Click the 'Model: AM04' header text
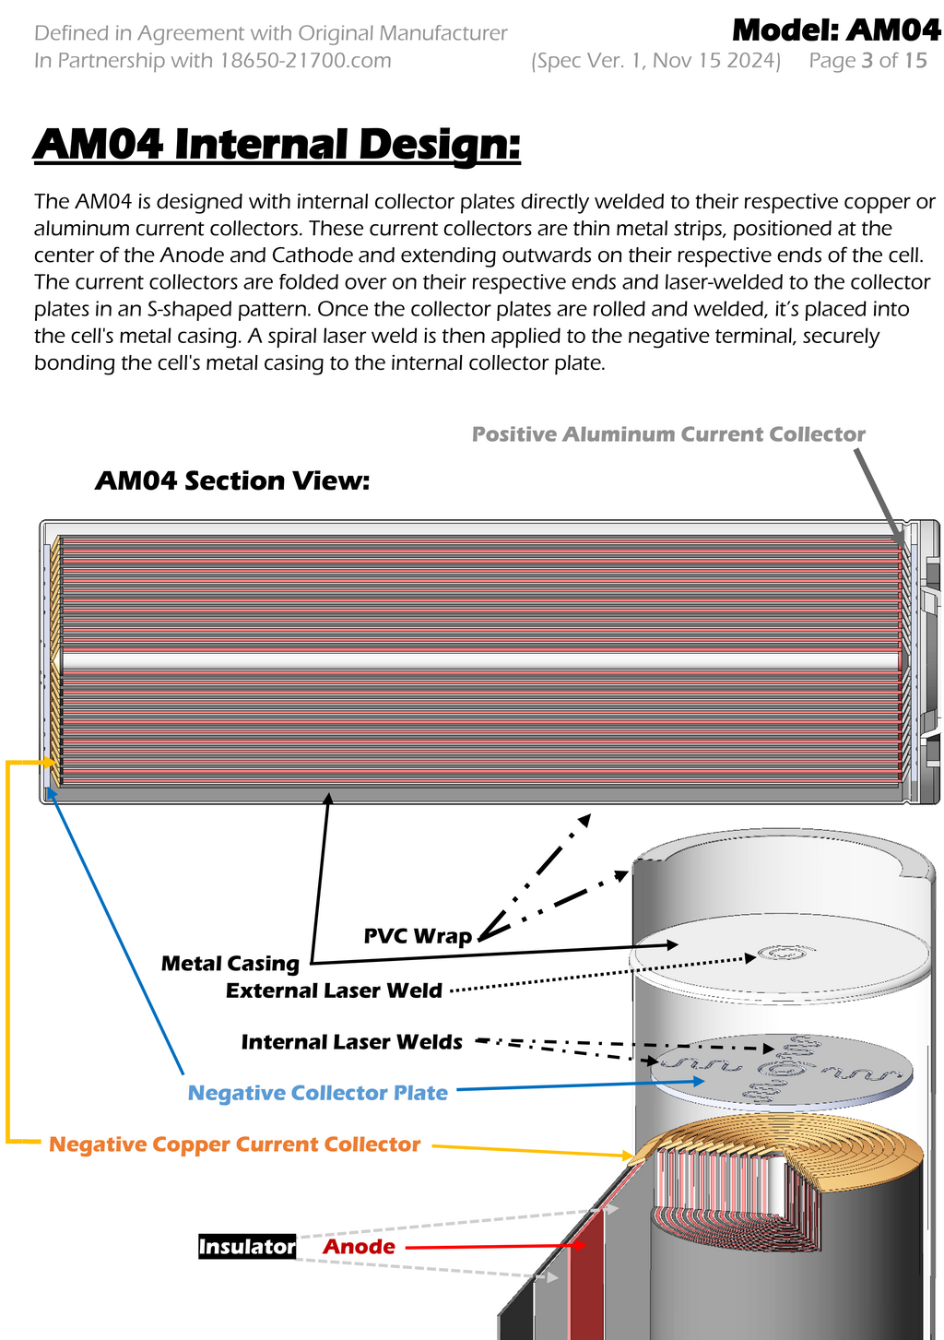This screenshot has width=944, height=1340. point(836,30)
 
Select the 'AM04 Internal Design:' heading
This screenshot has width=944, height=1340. point(277,145)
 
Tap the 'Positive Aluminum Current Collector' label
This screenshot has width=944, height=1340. point(668,434)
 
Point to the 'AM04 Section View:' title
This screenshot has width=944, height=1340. point(232,480)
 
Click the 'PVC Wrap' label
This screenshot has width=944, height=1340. point(418,936)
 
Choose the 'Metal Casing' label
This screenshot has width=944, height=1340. point(230,964)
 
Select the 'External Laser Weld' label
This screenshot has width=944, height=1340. point(334,990)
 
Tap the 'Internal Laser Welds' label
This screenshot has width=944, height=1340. point(351,1042)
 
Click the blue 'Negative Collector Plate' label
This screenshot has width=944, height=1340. point(318,1093)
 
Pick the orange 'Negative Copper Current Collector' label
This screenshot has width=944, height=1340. point(234,1144)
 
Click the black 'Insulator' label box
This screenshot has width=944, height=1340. point(247,1247)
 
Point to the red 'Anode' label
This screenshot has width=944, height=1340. point(359,1247)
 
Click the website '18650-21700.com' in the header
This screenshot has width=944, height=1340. point(305,61)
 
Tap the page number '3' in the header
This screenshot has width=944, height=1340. point(867,61)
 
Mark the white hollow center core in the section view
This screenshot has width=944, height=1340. point(479,661)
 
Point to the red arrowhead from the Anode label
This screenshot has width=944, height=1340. point(581,1245)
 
